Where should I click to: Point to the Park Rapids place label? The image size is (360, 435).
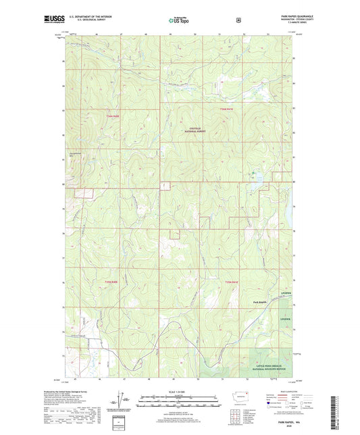point(260,301)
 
